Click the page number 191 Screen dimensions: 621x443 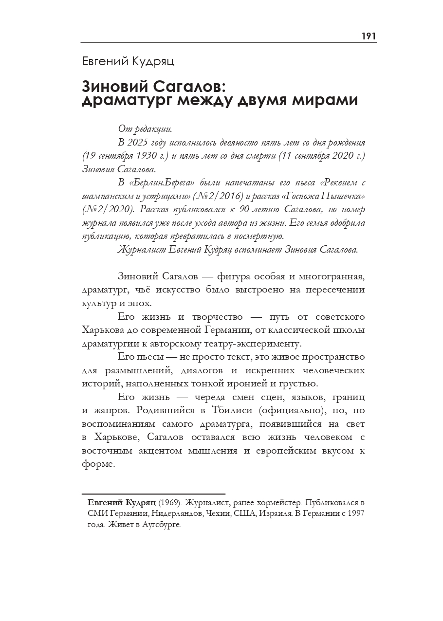(x=369, y=37)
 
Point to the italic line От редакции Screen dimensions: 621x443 (x=145, y=129)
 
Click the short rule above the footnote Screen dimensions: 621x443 (x=153, y=494)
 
